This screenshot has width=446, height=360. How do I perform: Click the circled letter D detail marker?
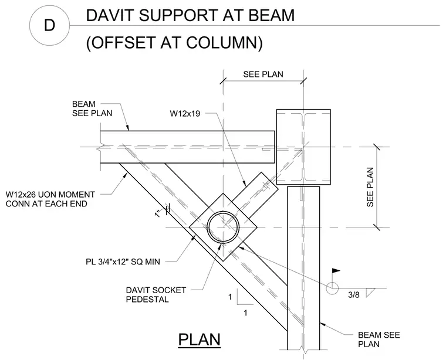49,26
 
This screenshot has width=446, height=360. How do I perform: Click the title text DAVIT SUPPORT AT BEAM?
190,15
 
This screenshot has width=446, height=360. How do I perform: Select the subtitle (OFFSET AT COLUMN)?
174,43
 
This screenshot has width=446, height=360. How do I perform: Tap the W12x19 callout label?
185,114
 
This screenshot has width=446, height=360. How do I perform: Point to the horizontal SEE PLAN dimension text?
263,74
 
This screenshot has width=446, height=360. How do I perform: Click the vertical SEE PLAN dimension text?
370,187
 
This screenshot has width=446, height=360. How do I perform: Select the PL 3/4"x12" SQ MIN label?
123,261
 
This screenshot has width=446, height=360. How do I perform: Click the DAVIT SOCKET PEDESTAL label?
156,295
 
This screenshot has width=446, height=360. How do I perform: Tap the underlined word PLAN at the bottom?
200,339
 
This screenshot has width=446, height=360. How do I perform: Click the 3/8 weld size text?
354,295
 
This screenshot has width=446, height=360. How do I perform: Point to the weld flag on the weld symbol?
336,270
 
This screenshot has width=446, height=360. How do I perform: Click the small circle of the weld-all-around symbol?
332,288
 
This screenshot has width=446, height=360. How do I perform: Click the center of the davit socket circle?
223,227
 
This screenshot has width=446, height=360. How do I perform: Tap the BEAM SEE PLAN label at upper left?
92,108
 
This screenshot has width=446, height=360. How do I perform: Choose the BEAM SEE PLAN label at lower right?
379,339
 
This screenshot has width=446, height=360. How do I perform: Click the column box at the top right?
303,147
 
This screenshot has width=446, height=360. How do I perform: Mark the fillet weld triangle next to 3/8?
369,293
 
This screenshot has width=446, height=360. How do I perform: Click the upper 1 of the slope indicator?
230,297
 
